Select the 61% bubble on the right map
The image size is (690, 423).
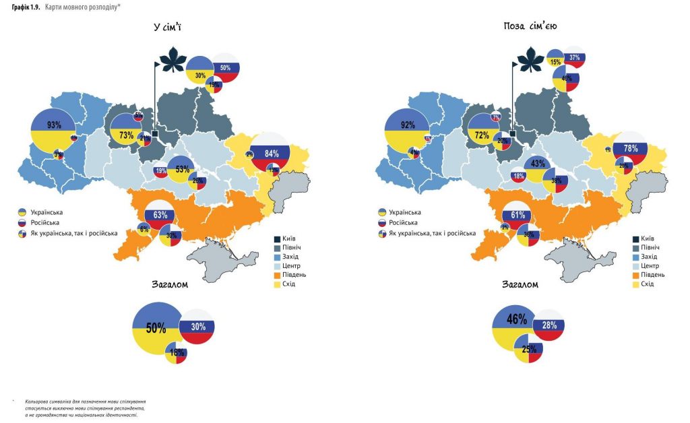click(x=517, y=216)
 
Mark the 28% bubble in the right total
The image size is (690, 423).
click(x=548, y=325)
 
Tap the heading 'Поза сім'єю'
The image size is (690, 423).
click(x=529, y=26)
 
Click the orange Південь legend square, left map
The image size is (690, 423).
click(x=278, y=275)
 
